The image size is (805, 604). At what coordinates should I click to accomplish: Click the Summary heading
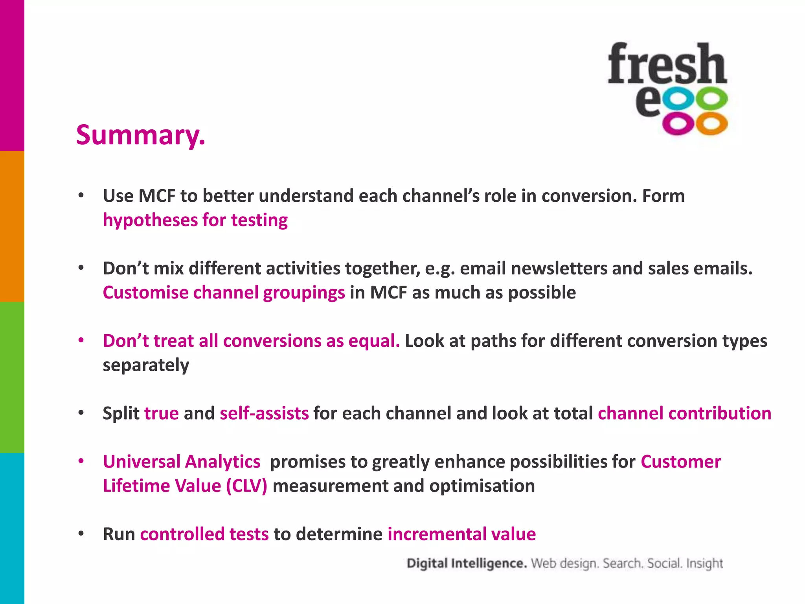coord(140,135)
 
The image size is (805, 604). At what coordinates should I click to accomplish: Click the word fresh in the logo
coord(667,64)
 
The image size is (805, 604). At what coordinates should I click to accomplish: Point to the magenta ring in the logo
coord(679,124)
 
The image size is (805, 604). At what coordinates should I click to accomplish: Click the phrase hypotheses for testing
coord(195,220)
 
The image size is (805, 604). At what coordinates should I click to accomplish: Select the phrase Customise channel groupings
coord(224,293)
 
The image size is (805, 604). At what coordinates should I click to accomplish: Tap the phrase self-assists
coord(264,413)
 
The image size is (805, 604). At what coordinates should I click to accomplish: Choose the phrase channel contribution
coord(684,413)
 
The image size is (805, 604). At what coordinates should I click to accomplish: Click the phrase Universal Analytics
coord(182,462)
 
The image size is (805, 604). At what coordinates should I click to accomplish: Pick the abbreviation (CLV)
coord(246,486)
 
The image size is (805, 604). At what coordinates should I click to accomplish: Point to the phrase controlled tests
coord(204,534)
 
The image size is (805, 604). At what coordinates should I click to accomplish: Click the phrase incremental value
coord(461,534)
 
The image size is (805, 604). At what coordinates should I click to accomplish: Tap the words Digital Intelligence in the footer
coord(467,563)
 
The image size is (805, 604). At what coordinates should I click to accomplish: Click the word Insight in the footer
coord(704,563)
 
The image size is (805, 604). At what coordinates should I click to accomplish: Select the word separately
coord(146,365)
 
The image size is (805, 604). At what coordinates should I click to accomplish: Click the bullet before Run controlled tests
coord(81,534)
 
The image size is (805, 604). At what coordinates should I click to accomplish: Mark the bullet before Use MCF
coord(81,195)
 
